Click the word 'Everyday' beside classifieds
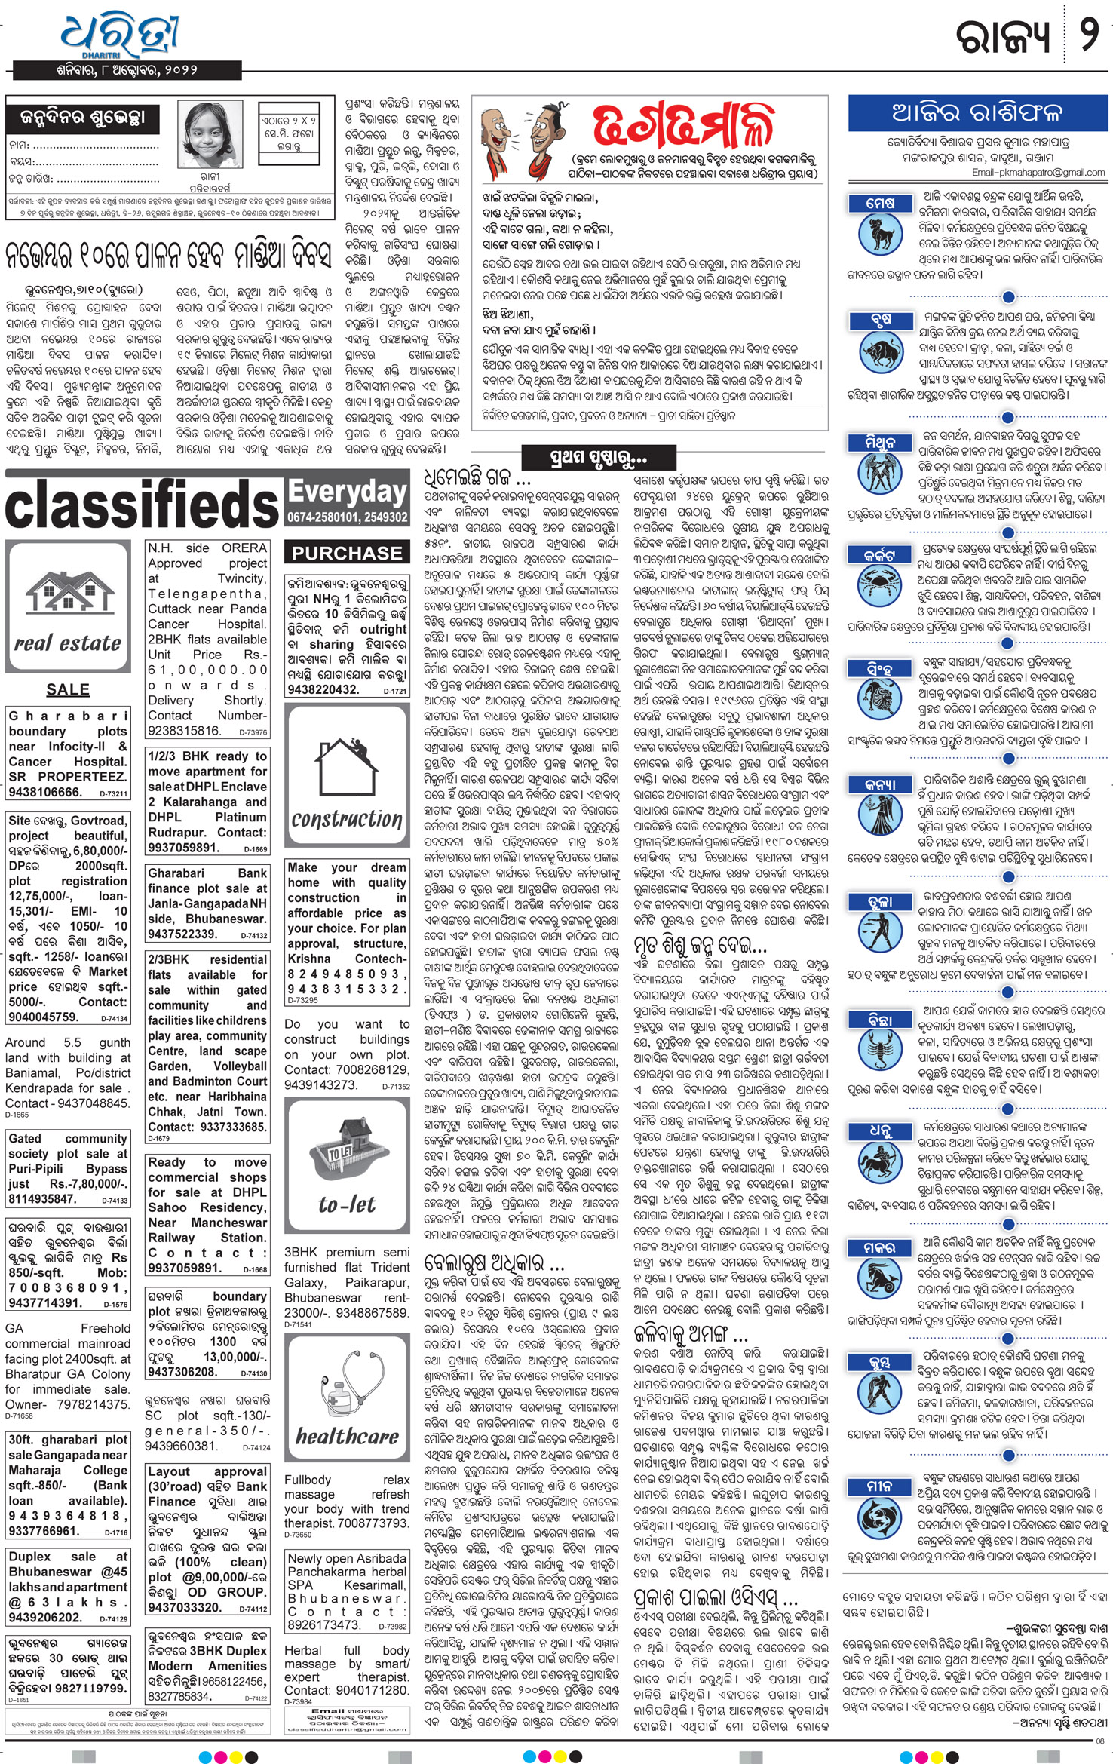point(347,492)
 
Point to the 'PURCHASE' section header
point(347,553)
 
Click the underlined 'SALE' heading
point(68,689)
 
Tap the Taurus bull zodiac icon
point(880,351)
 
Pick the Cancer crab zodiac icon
point(880,586)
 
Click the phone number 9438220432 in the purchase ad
point(323,689)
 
